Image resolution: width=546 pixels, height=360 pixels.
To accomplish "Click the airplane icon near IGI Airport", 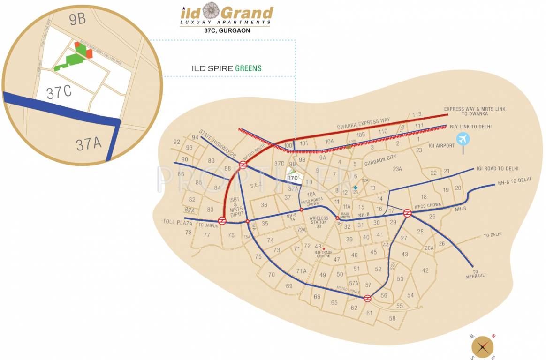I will pyautogui.click(x=463, y=139).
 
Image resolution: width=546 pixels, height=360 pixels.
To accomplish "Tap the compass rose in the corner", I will pyautogui.click(x=483, y=347).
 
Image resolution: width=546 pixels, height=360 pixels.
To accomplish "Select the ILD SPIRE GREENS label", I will pyautogui.click(x=227, y=68).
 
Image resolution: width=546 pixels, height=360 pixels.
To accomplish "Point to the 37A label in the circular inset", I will pyautogui.click(x=89, y=143).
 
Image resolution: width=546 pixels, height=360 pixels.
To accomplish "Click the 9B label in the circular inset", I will pyautogui.click(x=77, y=20).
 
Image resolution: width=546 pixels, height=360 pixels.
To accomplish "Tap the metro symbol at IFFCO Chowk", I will pyautogui.click(x=407, y=213).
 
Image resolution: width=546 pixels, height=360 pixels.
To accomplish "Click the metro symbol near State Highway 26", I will pyautogui.click(x=243, y=165).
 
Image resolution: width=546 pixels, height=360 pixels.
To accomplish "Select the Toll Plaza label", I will pyautogui.click(x=175, y=221).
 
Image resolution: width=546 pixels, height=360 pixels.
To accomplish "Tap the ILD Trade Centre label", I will pyautogui.click(x=323, y=255).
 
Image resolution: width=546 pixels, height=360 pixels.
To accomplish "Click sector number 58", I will pyautogui.click(x=392, y=318).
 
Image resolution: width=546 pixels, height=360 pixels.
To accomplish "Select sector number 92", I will pyautogui.click(x=177, y=142).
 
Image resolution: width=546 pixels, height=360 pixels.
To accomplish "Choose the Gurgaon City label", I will pyautogui.click(x=380, y=159).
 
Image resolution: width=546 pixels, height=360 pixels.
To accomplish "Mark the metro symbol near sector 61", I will pyautogui.click(x=368, y=298).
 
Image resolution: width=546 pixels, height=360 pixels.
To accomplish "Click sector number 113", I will pyautogui.click(x=417, y=114).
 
